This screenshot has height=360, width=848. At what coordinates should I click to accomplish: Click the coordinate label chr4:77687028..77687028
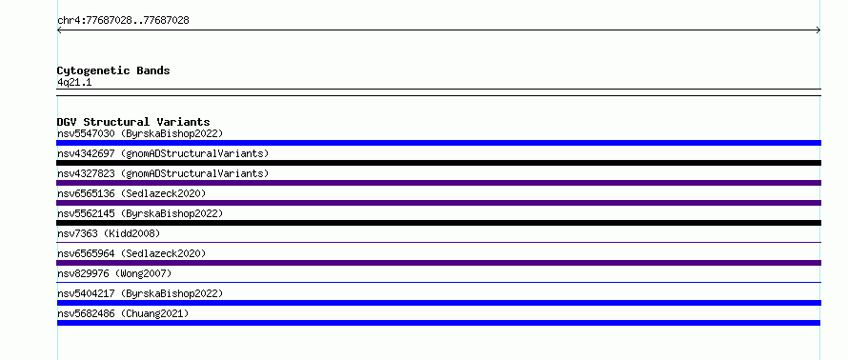[123, 21]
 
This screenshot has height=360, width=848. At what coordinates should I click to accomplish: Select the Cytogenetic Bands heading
[113, 70]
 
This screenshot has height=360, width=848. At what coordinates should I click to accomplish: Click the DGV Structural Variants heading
[133, 122]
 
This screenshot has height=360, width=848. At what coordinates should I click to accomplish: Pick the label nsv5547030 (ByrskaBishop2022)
[140, 133]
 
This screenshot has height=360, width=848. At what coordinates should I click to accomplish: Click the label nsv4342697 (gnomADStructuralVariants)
[163, 153]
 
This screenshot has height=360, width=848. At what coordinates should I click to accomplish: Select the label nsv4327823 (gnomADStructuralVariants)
[163, 173]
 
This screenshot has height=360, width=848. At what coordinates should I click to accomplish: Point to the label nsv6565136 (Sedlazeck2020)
[131, 193]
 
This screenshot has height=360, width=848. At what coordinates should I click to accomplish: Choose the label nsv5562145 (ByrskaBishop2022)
[140, 213]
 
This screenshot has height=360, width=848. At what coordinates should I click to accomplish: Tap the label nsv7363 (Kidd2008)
[109, 233]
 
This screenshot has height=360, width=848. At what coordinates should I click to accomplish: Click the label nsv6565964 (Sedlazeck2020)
[131, 253]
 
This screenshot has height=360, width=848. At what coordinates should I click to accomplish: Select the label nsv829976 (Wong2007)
[114, 273]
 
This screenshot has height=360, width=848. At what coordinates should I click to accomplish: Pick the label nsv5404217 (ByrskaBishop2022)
[140, 293]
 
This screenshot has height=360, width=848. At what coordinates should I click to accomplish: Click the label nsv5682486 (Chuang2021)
[123, 313]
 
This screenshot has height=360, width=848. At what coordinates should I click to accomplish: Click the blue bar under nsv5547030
[438, 143]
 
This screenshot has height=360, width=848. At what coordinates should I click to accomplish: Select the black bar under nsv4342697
[438, 163]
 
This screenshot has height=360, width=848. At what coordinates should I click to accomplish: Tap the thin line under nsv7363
[438, 243]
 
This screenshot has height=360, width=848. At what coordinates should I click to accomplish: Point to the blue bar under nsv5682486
[438, 323]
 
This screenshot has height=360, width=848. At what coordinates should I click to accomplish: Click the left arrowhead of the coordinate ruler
[59, 30]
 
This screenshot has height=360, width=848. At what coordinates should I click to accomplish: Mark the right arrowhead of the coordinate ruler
[818, 30]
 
